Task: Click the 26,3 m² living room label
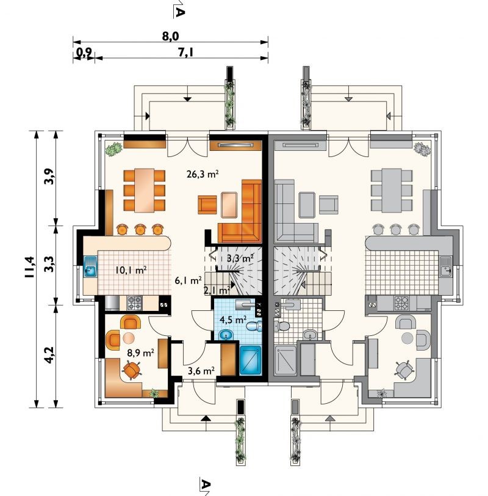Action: [203, 174]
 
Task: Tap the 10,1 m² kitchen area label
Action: [131, 270]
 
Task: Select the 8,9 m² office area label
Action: [140, 352]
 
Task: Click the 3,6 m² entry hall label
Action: [201, 371]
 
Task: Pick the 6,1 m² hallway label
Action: [188, 280]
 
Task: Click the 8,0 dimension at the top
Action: [171, 37]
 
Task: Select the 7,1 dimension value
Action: [185, 53]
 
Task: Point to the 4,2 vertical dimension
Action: [49, 355]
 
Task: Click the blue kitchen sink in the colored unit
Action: [91, 267]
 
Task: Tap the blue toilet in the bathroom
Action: [254, 326]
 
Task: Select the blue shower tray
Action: [251, 360]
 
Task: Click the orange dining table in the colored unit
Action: [145, 191]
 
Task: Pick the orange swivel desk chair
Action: [132, 370]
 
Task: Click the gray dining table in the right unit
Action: [392, 191]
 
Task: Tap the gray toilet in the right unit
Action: [282, 326]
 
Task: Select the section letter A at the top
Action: [179, 12]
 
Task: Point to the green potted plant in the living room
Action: [113, 149]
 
